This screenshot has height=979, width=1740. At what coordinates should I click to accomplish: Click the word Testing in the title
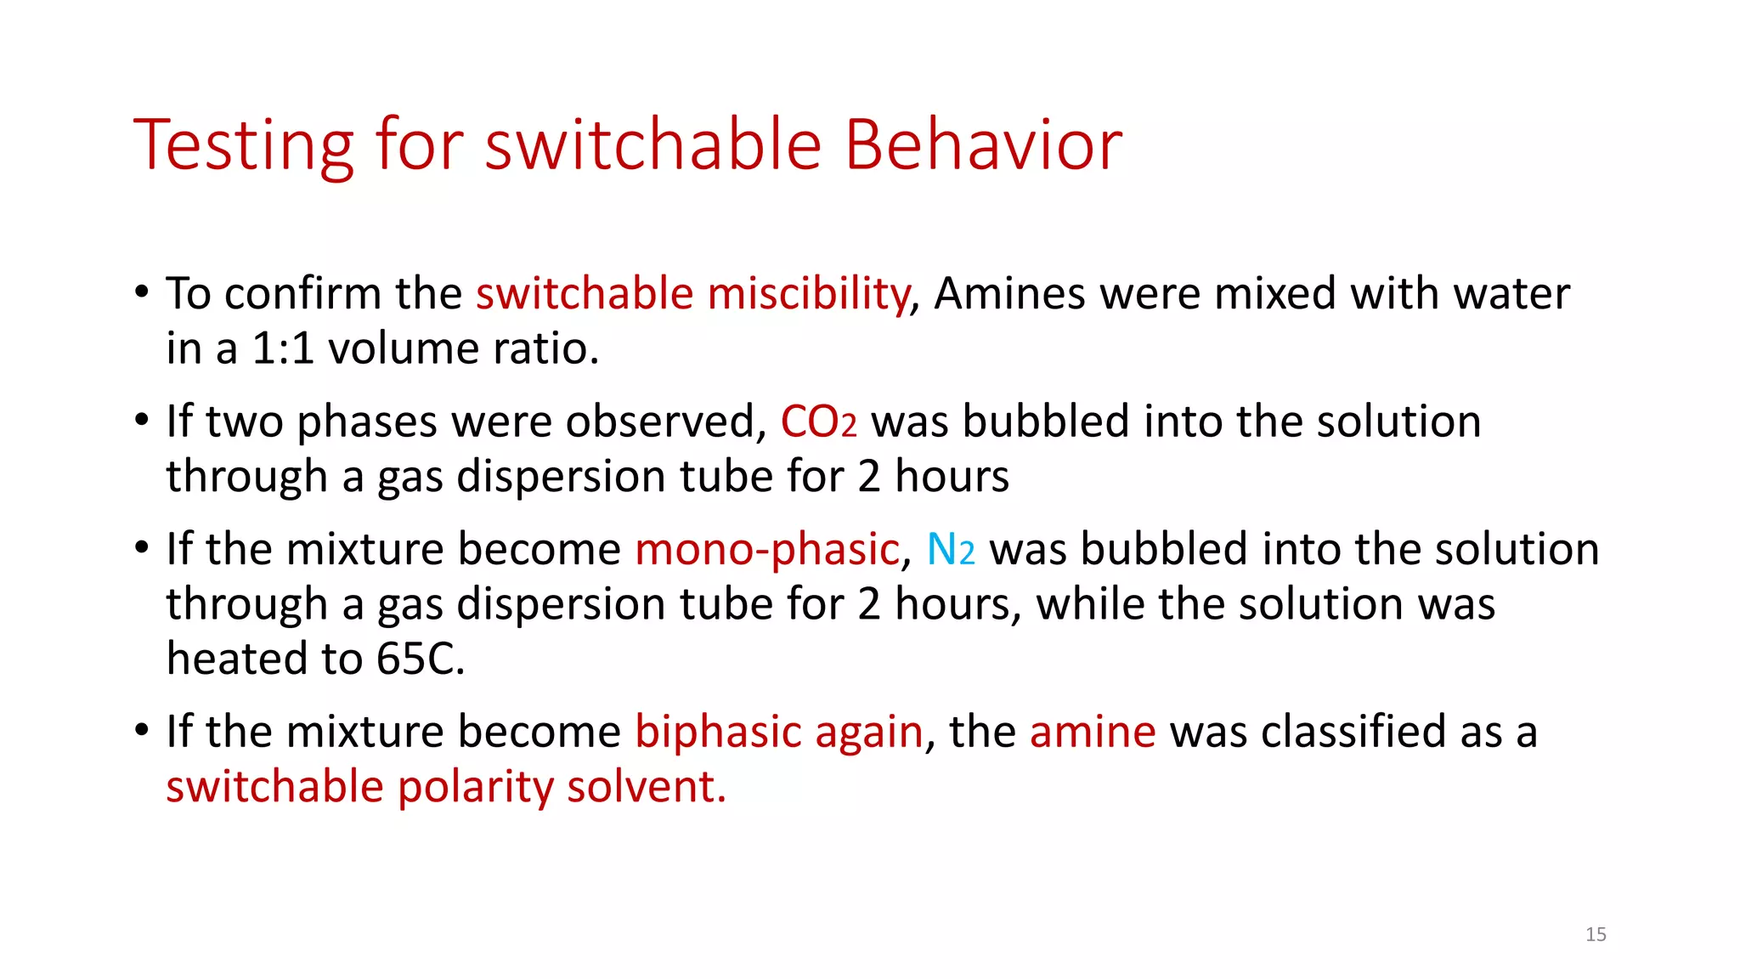point(243,146)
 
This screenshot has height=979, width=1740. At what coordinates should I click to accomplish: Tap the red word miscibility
point(807,294)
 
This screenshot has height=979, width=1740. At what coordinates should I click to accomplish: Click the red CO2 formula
point(818,422)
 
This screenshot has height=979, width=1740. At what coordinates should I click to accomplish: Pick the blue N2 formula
point(950,549)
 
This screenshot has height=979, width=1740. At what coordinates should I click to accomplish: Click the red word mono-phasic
point(766,549)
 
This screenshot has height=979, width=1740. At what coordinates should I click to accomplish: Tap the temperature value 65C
point(421,659)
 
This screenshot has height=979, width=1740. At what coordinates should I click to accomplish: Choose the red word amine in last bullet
point(1093,732)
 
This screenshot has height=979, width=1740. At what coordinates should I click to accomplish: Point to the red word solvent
point(647,787)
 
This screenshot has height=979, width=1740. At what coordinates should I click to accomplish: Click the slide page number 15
point(1596,935)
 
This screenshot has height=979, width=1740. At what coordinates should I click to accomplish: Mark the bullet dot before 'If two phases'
point(142,421)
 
